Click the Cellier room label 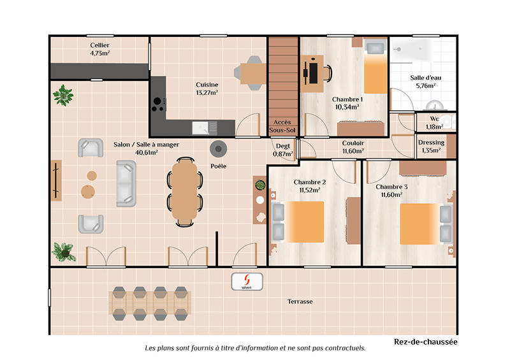100,49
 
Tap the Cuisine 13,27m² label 207,89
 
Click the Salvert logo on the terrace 247,282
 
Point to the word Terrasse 300,301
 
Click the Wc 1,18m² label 434,122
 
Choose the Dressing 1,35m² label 432,147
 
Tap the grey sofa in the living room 126,183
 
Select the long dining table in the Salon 186,191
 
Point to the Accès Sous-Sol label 282,126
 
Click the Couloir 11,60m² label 353,147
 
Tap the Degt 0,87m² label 282,150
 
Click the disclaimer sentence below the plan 255,349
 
